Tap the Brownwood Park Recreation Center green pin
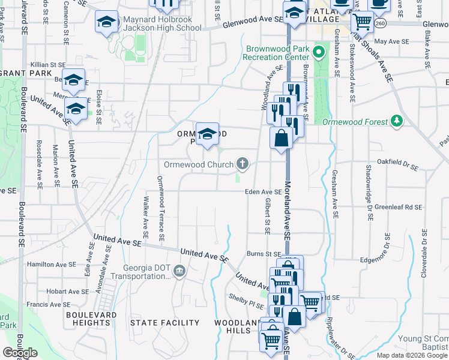point(320,52)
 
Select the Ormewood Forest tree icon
point(396,122)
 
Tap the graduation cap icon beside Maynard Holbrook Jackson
point(106,23)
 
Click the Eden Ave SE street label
point(263,192)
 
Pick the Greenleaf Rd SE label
point(399,207)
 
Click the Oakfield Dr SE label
point(401,161)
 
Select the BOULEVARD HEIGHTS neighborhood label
point(88,319)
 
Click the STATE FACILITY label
point(165,323)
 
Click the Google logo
point(20,352)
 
